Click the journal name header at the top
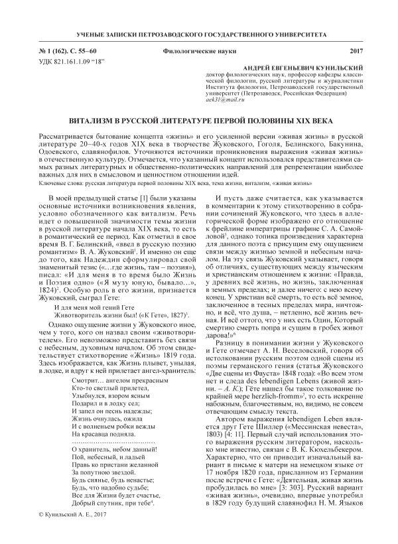click(x=199, y=33)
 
